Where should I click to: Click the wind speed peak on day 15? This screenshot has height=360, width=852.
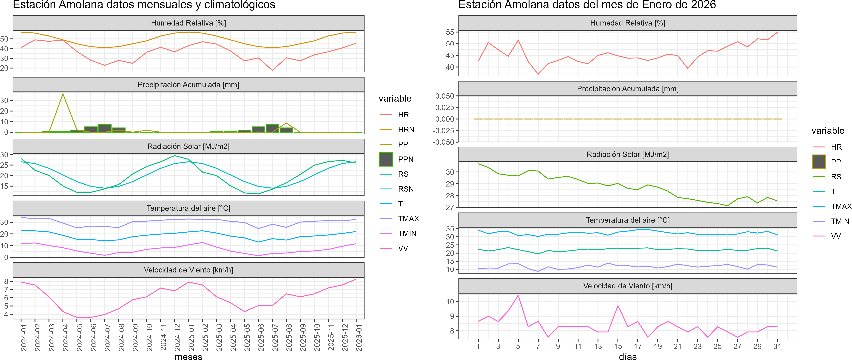618,306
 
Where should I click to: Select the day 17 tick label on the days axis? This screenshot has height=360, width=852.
638,346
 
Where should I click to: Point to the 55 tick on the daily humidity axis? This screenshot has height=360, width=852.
450,32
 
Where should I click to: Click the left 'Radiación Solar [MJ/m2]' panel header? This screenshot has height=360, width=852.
188,146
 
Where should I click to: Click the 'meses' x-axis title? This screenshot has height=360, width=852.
188,356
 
